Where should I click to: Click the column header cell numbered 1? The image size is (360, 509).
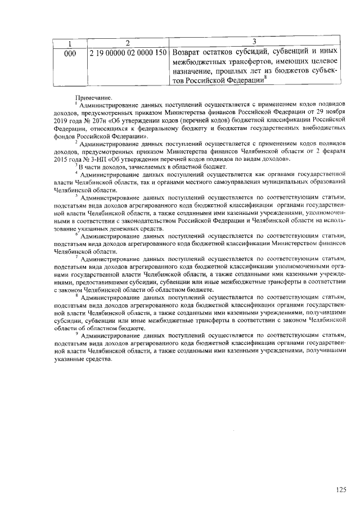point(70,43)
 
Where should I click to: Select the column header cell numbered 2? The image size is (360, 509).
point(128,43)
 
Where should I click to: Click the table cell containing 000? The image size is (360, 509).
point(70,53)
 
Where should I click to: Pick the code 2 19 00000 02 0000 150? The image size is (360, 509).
point(128,53)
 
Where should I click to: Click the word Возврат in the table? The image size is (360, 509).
point(189,53)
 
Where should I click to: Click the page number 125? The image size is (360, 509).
point(340,489)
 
